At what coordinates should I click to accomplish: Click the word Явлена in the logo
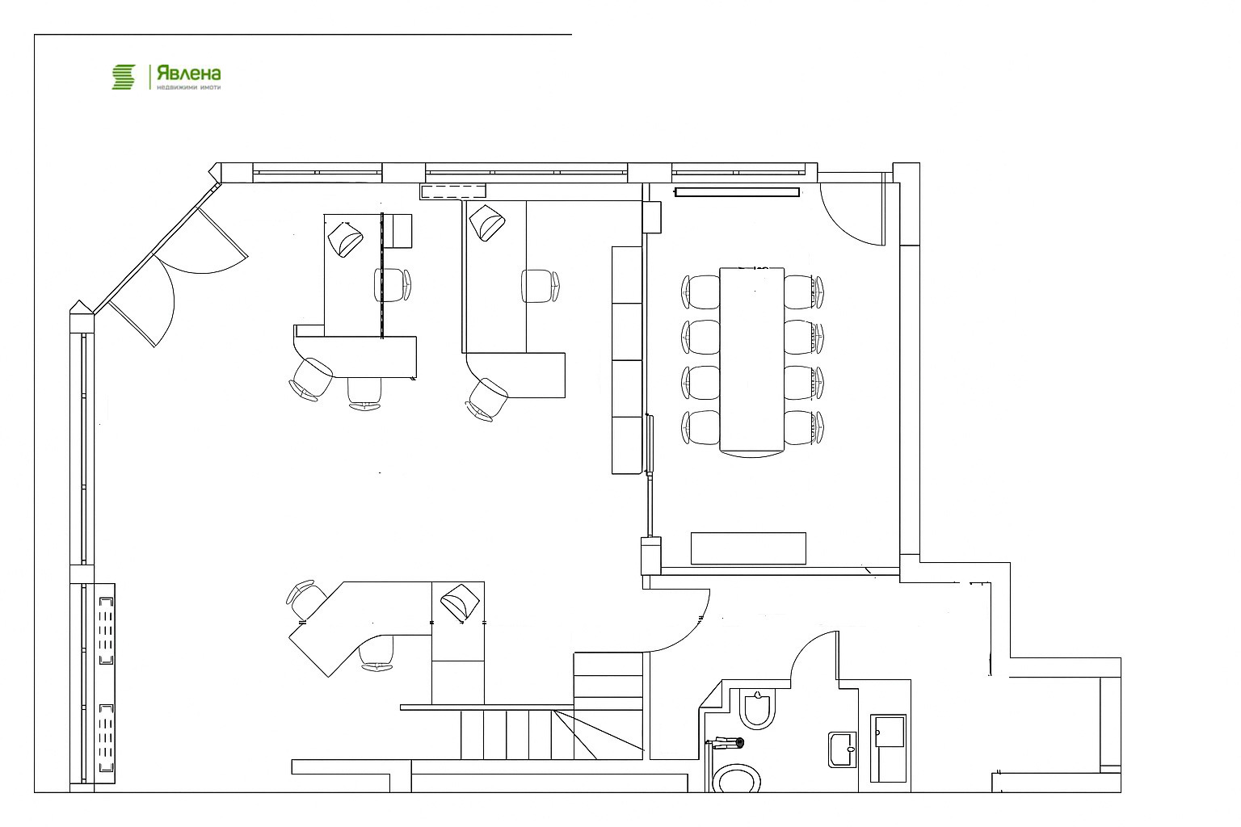pos(189,73)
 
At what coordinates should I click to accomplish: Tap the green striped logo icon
pos(124,77)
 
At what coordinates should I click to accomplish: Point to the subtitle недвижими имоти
pos(189,87)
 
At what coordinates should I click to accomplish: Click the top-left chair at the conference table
pos(700,292)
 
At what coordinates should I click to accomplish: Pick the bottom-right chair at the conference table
pos(804,427)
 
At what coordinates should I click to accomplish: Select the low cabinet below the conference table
pos(748,548)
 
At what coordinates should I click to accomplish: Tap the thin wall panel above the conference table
pos(737,192)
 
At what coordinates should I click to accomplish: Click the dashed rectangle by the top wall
pos(453,191)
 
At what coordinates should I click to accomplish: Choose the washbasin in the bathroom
pos(843,749)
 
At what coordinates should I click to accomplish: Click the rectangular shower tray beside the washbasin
pos(889,749)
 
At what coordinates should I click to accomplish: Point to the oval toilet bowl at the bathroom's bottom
pos(736,779)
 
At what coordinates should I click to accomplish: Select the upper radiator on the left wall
pos(106,631)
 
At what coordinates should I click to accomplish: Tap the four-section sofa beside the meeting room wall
pos(627,360)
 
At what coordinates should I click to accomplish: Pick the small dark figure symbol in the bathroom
pos(726,743)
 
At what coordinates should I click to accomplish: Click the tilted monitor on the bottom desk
pos(460,602)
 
